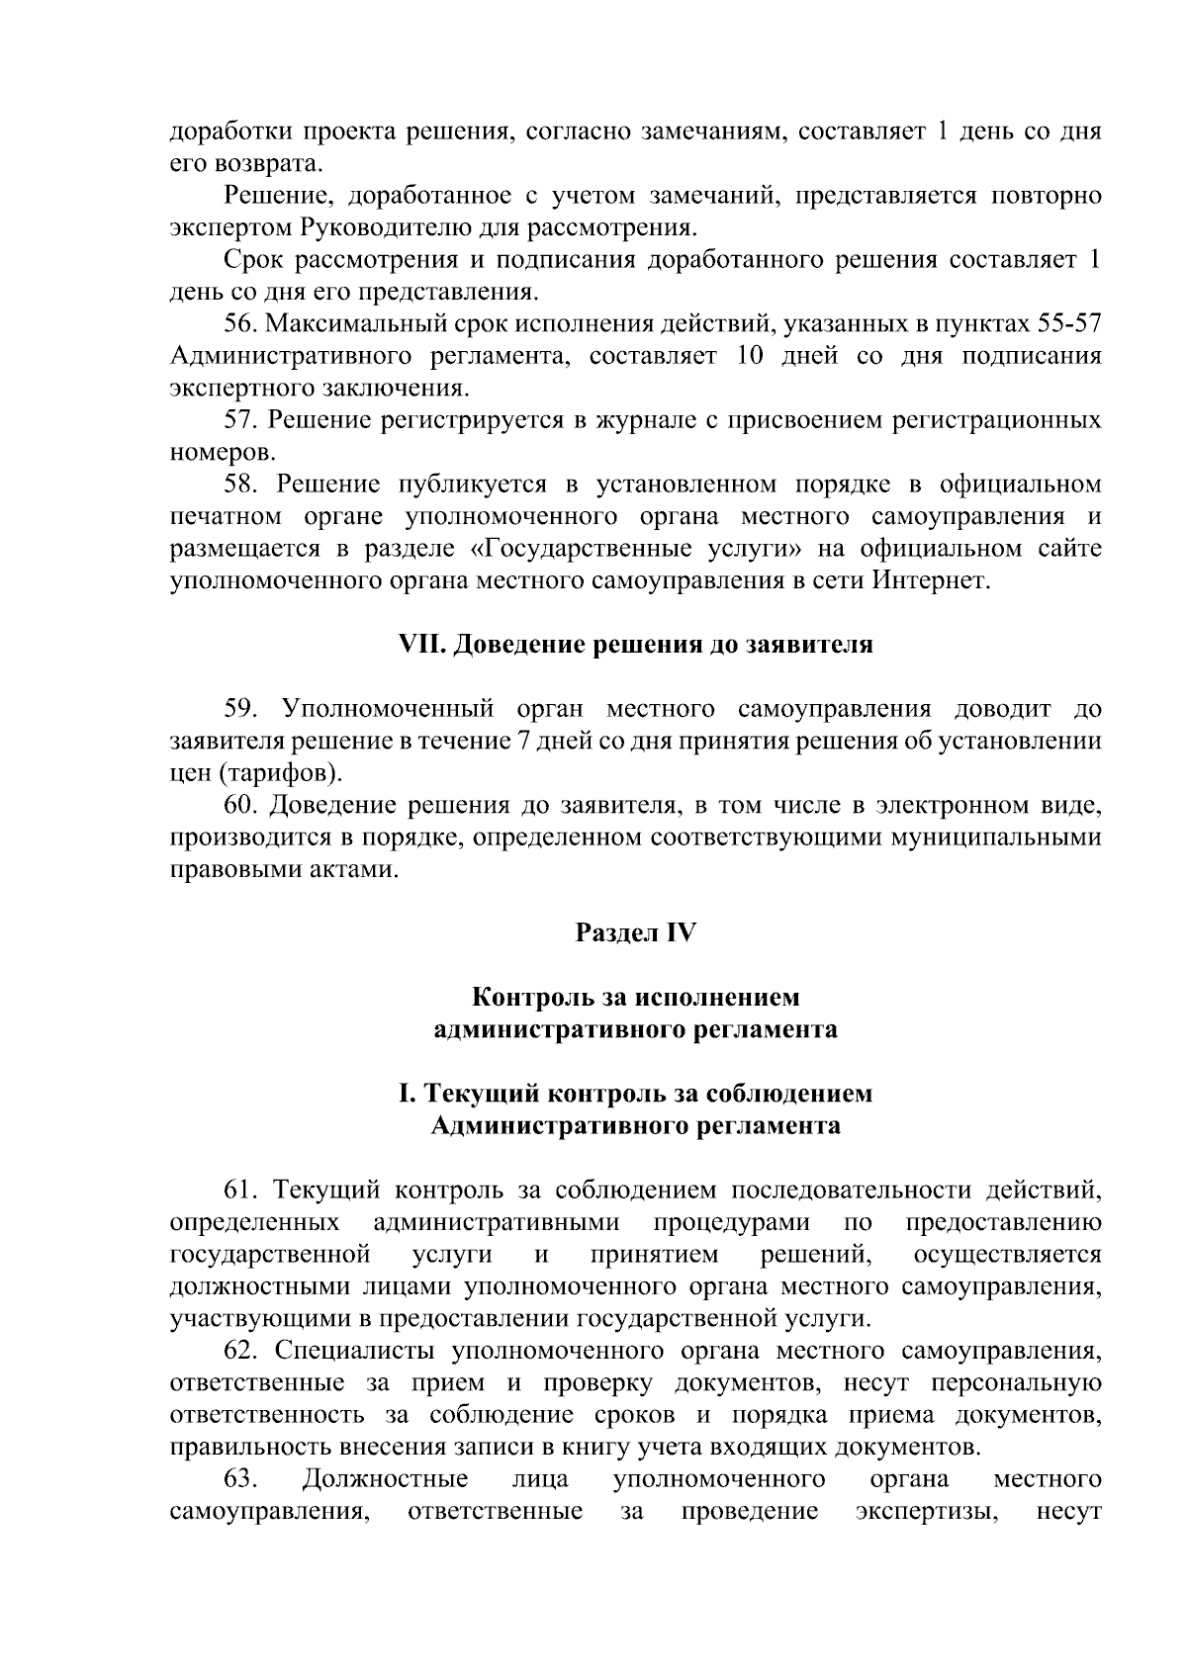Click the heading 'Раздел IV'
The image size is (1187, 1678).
coord(636,932)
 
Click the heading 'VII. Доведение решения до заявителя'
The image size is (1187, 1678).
coord(635,645)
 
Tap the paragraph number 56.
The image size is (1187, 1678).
coord(241,324)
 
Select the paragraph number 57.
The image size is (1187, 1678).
coord(241,420)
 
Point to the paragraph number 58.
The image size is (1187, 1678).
coord(241,485)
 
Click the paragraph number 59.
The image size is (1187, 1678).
coord(241,709)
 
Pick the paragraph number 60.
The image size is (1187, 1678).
coord(241,805)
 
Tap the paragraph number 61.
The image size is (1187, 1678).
coord(241,1190)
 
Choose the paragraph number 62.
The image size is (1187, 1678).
coord(241,1351)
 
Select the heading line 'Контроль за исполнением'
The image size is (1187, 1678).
coord(635,997)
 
